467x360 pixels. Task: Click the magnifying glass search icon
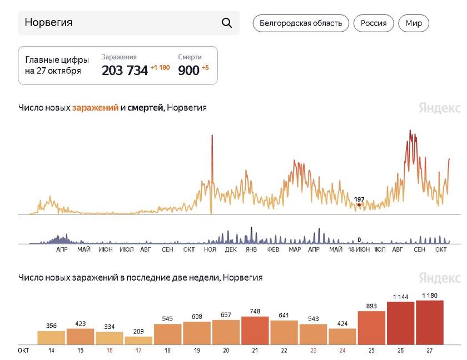227,23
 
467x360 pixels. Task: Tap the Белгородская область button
301,23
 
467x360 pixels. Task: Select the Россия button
374,23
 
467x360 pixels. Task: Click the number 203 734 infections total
125,70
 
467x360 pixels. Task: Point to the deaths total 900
188,70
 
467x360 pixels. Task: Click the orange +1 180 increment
160,68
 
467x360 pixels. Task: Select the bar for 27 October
430,323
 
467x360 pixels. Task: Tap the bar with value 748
255,331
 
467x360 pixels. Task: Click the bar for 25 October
371,328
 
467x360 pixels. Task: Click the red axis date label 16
110,351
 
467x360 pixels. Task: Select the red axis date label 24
342,351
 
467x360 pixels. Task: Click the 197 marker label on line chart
359,199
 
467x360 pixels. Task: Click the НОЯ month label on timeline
210,250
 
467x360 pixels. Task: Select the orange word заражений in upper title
95,108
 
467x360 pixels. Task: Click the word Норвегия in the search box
49,23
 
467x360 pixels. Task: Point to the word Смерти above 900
190,57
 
